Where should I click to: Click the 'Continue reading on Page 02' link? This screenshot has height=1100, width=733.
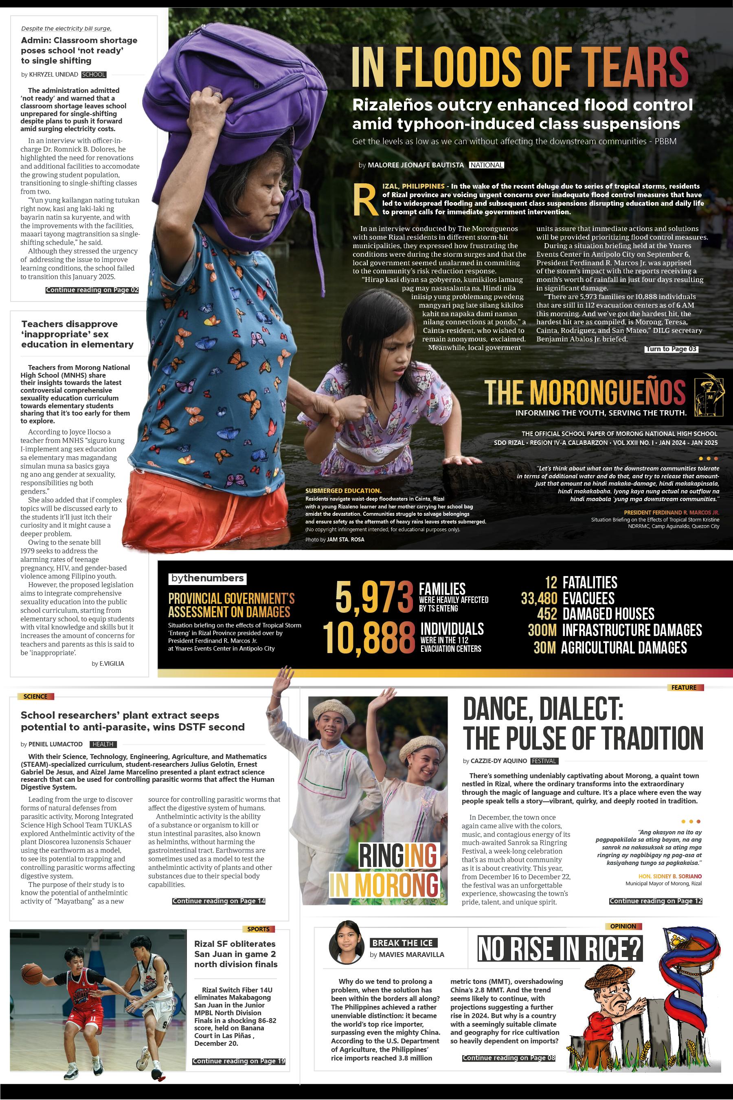[92, 290]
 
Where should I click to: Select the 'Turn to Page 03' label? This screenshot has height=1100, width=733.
[671, 349]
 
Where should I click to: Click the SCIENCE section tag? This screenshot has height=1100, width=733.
[36, 696]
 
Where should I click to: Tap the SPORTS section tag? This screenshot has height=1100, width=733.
[258, 929]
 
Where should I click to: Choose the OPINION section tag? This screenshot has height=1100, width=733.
[623, 926]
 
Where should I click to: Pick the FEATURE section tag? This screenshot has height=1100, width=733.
[684, 688]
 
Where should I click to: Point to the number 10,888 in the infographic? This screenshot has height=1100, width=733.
[369, 638]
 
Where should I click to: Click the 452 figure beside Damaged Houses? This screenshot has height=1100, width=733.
[547, 614]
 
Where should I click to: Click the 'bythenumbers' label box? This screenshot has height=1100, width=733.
[207, 579]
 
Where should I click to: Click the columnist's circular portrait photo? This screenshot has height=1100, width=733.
[347, 943]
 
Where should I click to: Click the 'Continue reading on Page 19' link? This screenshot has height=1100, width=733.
[238, 1061]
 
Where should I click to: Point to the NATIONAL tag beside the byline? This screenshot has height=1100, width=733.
[486, 165]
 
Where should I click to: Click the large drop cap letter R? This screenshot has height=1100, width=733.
[365, 200]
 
